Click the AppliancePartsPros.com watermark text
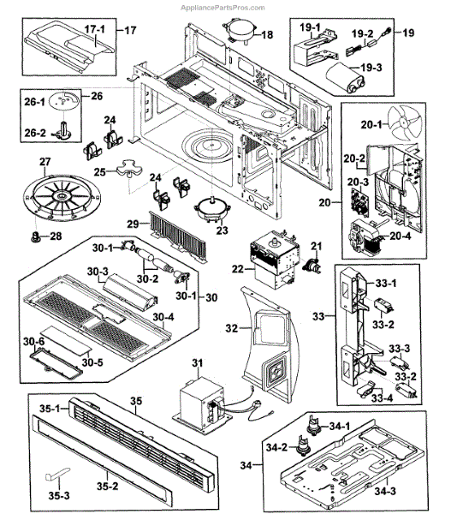point(223,8)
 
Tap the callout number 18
point(267,34)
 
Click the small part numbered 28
point(36,236)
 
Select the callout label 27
point(45,162)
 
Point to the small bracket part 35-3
point(57,474)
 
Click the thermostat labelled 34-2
point(302,445)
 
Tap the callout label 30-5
point(92,362)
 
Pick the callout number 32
point(231,328)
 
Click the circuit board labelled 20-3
point(359,201)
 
